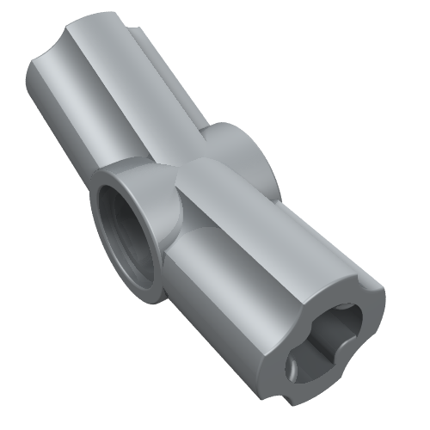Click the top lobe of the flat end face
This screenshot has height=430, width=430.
[353, 288]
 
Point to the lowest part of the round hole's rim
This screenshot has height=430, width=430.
[138, 288]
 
